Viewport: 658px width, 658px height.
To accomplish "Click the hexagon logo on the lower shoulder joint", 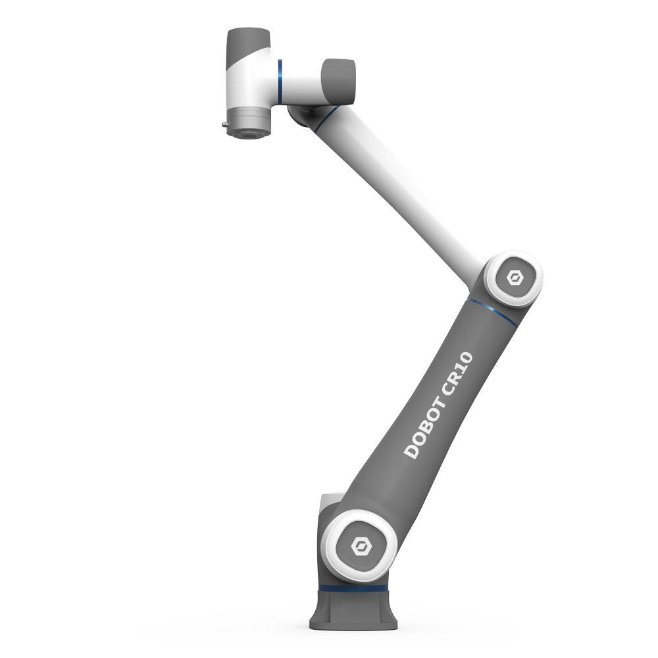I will pyautogui.click(x=361, y=545).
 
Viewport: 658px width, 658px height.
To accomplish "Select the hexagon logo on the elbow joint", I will pyautogui.click(x=513, y=278).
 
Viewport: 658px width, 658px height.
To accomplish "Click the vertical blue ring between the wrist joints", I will pyautogui.click(x=280, y=80).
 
